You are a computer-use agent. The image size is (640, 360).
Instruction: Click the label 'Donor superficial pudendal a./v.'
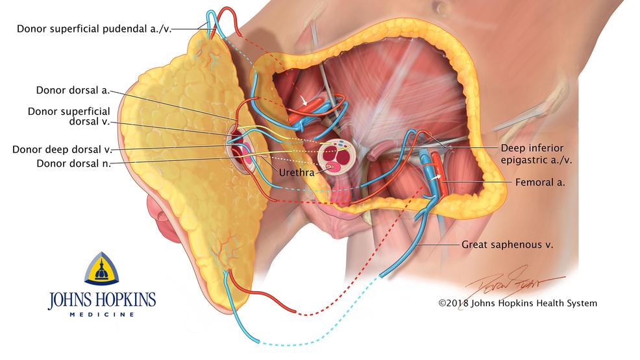click(x=94, y=29)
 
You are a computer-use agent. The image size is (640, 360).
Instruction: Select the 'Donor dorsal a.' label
click(x=73, y=90)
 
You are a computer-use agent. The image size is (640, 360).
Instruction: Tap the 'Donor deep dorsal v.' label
click(x=62, y=150)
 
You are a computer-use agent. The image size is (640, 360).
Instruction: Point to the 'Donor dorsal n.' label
click(x=74, y=163)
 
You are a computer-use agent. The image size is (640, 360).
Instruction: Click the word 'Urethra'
click(x=297, y=173)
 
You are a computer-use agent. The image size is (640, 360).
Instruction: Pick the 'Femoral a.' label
click(x=540, y=182)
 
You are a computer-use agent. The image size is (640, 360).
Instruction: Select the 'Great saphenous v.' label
click(x=507, y=245)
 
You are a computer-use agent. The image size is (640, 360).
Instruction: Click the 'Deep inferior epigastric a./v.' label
click(x=536, y=154)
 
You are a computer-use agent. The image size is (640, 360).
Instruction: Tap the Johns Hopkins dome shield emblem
click(x=102, y=269)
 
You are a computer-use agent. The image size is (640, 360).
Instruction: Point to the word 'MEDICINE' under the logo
click(x=102, y=315)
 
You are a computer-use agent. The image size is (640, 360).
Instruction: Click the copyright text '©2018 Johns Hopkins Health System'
click(x=517, y=303)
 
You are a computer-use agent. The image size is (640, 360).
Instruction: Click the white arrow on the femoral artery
click(x=436, y=177)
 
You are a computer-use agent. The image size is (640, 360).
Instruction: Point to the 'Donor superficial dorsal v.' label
click(x=69, y=116)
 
